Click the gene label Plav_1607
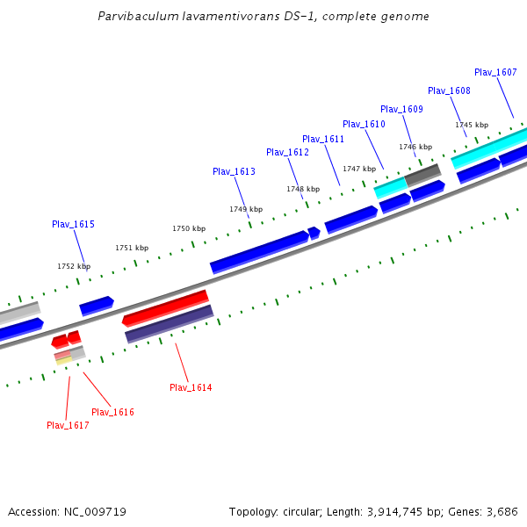[495, 72]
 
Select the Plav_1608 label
[449, 90]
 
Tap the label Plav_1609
[401, 109]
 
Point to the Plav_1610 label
[364, 124]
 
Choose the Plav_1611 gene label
[323, 139]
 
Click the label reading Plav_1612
[287, 152]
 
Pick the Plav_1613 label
[234, 171]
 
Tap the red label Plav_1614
[191, 387]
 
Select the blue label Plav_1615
[73, 224]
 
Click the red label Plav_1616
[112, 412]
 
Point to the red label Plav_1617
[68, 425]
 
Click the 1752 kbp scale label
[74, 266]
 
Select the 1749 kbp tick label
[246, 209]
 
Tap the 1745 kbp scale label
[472, 125]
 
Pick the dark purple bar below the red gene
[170, 323]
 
